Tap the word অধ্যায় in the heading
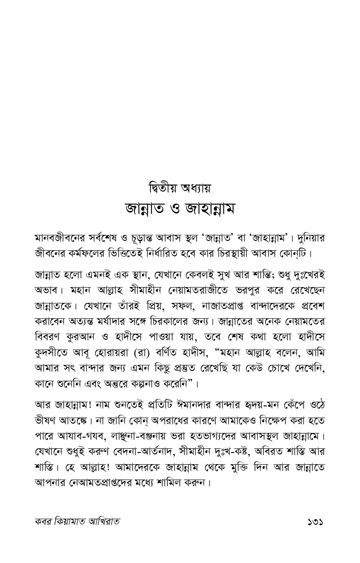197,190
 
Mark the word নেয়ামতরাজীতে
192,290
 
